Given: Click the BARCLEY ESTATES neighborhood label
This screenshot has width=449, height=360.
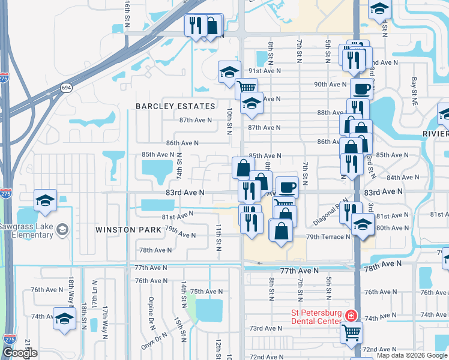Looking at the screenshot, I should [x=175, y=106].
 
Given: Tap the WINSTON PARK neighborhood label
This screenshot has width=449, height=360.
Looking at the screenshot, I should [x=128, y=230].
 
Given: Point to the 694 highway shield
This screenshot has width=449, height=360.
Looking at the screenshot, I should [x=65, y=88].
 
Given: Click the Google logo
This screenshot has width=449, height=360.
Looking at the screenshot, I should [x=20, y=353].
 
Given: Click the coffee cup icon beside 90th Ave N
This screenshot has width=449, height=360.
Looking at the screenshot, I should [x=361, y=89].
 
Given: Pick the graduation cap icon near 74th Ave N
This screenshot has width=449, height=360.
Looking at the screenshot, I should [x=64, y=318].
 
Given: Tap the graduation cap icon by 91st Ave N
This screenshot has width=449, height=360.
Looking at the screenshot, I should [x=229, y=71].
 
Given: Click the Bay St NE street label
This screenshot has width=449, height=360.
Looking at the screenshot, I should [x=414, y=88].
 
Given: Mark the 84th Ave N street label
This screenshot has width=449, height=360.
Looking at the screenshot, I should [x=402, y=178].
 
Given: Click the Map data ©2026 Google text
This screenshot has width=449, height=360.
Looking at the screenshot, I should [x=412, y=355].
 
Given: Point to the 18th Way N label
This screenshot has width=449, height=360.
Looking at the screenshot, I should [x=71, y=290].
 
